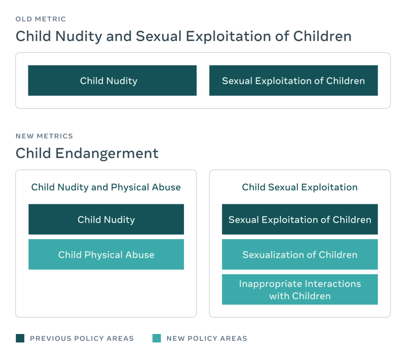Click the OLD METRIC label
[41, 19]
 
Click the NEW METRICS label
[44, 136]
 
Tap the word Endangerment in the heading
[107, 153]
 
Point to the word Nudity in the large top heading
[79, 37]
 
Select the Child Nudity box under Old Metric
[112, 80]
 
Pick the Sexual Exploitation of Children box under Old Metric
[293, 80]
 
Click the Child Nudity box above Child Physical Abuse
[106, 219]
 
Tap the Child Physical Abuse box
[106, 255]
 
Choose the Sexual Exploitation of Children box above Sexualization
[300, 219]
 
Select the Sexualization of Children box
[300, 255]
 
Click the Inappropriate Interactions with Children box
[300, 289]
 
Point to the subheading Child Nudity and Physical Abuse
[106, 188]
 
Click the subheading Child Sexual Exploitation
[300, 188]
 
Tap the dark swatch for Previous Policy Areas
[20, 338]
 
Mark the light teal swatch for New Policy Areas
[157, 338]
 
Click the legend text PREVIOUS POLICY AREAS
[82, 339]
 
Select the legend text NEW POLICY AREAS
[207, 339]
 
